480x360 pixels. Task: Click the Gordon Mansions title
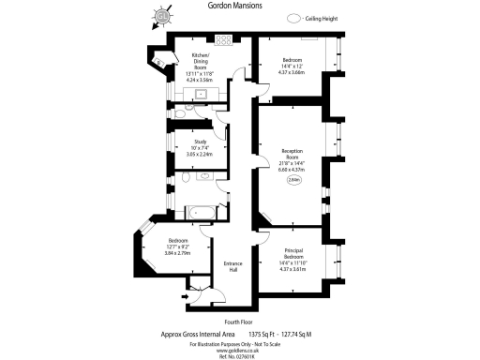(x=234, y=6)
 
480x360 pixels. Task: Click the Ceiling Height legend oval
(x=295, y=18)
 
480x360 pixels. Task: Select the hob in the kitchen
(x=225, y=40)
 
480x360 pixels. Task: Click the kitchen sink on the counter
(x=202, y=93)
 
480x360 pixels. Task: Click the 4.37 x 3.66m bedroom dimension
(x=292, y=72)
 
